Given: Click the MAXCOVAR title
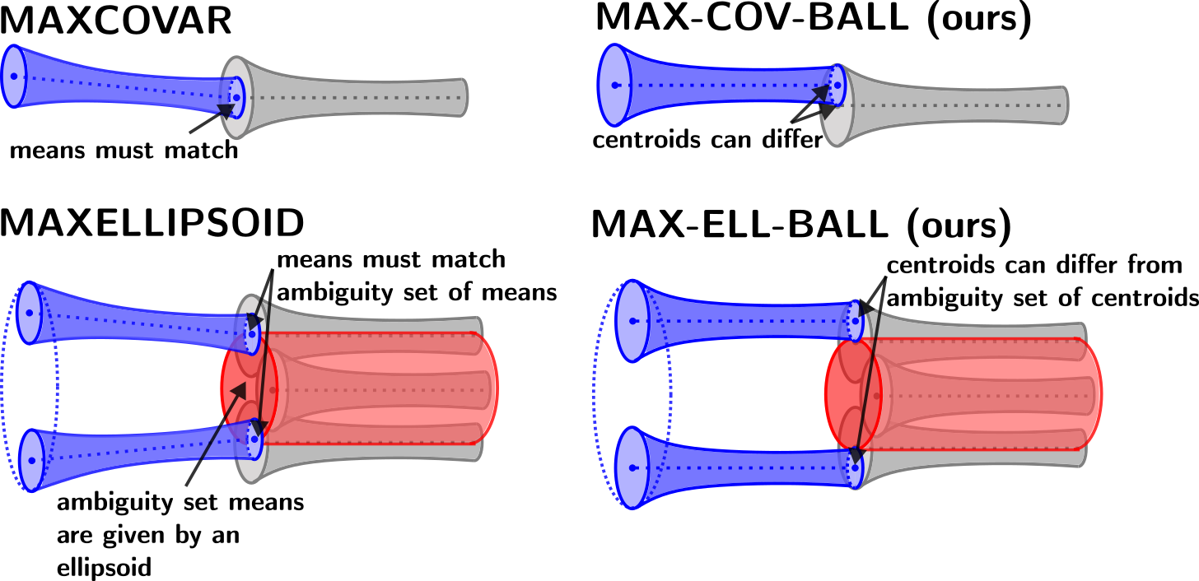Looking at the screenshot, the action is [115, 21].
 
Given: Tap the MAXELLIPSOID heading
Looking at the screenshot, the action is [152, 222].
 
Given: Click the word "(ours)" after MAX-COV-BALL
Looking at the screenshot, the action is [979, 20].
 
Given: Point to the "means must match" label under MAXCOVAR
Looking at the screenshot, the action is [124, 151].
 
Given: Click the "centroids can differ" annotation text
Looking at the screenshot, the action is [707, 140].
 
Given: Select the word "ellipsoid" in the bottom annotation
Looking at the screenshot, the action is [105, 567].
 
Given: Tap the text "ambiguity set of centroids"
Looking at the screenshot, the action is [1043, 297].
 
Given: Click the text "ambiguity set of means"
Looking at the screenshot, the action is [417, 293].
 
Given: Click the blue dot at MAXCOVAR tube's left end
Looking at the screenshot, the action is [13, 77].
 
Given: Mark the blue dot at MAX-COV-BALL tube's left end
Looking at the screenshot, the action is [615, 85].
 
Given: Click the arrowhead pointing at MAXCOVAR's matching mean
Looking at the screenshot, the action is [226, 111].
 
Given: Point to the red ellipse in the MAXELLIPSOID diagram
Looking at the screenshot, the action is [250, 388].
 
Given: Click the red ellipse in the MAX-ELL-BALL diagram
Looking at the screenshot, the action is [854, 395].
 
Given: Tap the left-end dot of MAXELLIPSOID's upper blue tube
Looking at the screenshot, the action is [30, 313].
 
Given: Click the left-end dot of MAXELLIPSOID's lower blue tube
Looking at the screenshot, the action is [32, 460].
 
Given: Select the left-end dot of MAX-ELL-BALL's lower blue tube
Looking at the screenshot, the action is [632, 467].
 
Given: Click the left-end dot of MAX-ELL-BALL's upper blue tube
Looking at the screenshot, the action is [632, 321].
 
